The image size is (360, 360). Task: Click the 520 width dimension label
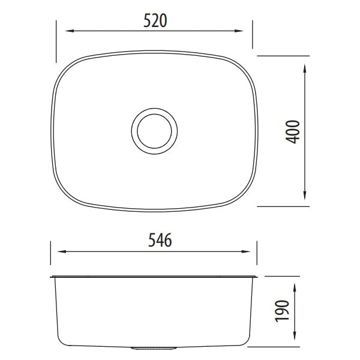pos(155,20)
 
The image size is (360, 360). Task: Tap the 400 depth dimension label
pos(292,130)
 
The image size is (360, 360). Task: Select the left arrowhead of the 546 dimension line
pos(53,253)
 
